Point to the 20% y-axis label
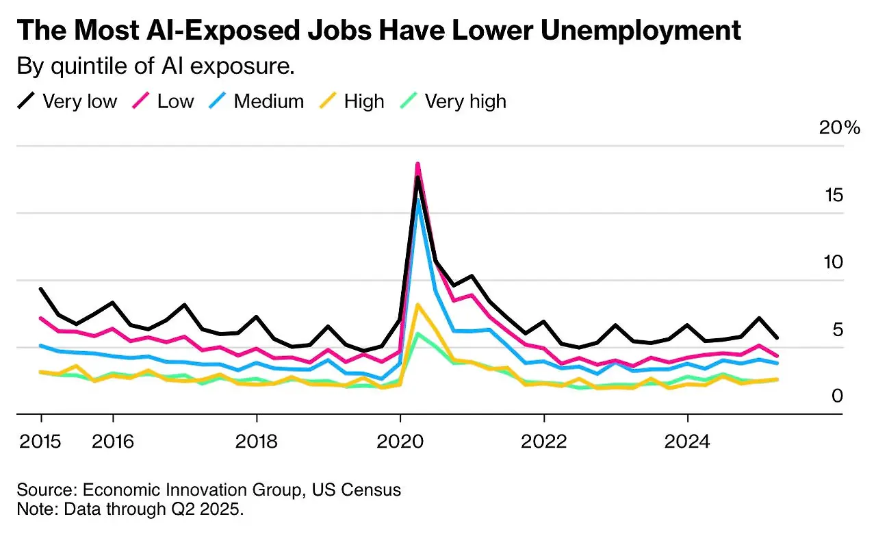pos(840,128)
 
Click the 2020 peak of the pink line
pos(417,164)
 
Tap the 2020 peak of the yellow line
pos(417,305)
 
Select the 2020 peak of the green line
pos(418,333)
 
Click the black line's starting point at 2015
pos(41,289)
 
